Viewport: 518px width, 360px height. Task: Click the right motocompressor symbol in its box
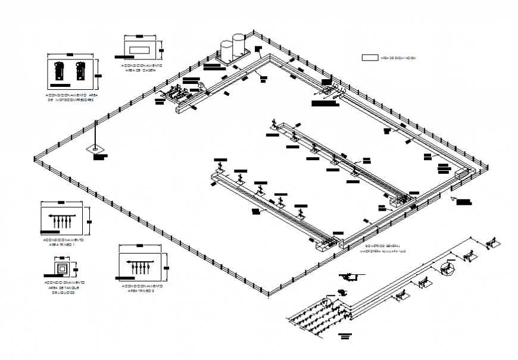[80, 71]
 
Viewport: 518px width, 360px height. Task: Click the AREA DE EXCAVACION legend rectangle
[369, 58]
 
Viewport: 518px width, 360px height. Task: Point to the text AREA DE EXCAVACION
[397, 58]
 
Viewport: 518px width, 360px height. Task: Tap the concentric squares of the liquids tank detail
[62, 267]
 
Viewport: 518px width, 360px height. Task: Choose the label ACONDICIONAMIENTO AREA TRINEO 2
[142, 289]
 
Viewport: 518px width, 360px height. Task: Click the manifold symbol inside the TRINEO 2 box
[141, 265]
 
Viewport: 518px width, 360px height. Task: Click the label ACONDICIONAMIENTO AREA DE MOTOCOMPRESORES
[70, 97]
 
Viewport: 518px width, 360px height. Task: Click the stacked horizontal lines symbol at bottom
[344, 337]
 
